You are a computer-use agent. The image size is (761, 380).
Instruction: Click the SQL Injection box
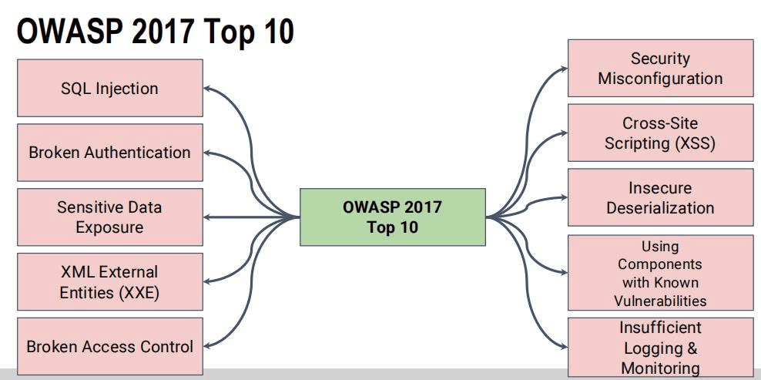[x=110, y=88]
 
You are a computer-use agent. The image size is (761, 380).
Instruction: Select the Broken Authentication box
[x=110, y=153]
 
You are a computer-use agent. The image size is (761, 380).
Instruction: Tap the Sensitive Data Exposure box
[x=110, y=217]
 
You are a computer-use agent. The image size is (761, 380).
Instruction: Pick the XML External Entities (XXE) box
[x=110, y=282]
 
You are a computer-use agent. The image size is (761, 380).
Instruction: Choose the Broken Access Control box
[x=110, y=347]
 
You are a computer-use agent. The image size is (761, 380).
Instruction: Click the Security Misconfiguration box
[x=661, y=68]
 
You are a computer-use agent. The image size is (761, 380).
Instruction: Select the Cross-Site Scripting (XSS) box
[x=661, y=133]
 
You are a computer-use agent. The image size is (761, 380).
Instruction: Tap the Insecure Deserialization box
[x=661, y=197]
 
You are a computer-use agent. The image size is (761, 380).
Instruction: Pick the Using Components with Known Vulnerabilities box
[x=661, y=273]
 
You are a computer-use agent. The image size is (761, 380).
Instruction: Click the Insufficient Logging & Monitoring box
[x=661, y=348]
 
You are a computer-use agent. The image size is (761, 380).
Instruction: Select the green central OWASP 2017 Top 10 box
[x=393, y=217]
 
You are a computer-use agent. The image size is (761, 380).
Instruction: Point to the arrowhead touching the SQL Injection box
[x=206, y=89]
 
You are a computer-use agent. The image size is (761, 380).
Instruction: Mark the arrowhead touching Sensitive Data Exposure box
[x=206, y=217]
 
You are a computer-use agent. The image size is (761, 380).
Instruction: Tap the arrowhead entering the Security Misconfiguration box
[x=564, y=69]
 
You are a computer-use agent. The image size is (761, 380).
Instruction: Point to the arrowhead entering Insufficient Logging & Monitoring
[x=564, y=347]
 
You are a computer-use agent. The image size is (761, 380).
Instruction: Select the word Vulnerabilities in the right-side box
[x=660, y=301]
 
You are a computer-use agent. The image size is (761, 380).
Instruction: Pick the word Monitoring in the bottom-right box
[x=661, y=368]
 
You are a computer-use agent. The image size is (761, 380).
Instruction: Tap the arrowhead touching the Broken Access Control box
[x=206, y=346]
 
